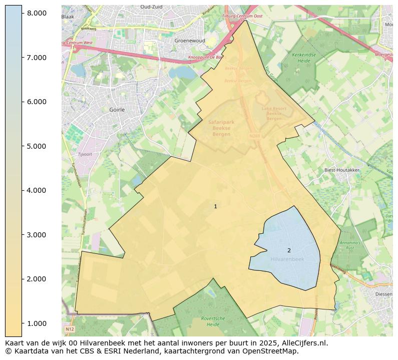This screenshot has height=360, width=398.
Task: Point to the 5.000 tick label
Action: (x=37, y=146)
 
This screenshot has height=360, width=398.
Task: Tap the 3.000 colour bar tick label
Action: (x=37, y=235)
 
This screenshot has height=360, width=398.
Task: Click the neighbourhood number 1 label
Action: (x=215, y=206)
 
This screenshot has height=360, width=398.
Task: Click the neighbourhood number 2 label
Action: (x=289, y=250)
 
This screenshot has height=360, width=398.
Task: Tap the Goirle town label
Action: (x=117, y=109)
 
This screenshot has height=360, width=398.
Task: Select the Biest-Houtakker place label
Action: (x=342, y=170)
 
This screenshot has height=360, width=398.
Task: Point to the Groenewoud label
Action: (x=187, y=41)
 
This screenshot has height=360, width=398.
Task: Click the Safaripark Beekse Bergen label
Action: (x=221, y=128)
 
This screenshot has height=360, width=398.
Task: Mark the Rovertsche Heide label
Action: (x=213, y=321)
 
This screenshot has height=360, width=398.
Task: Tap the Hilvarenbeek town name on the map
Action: (x=287, y=259)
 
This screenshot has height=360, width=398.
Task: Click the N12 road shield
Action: (x=69, y=329)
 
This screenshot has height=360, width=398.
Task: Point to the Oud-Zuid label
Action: (x=152, y=7)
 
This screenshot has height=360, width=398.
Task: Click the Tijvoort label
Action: (x=86, y=154)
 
